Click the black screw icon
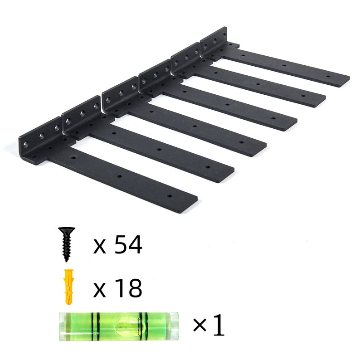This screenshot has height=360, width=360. pyautogui.click(x=67, y=245)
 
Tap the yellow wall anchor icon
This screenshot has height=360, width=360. pyautogui.click(x=68, y=287)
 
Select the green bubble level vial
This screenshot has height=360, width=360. pyautogui.click(x=118, y=326)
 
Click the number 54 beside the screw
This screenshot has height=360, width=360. pyautogui.click(x=128, y=245)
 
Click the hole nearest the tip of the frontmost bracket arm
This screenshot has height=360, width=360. pyautogui.click(x=170, y=196)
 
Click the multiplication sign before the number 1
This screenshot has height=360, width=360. pyautogui.click(x=199, y=326)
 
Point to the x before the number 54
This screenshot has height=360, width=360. pyautogui.click(x=99, y=247)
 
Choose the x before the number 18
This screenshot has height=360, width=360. pyautogui.click(x=99, y=289)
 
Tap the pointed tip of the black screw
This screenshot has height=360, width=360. pyautogui.click(x=67, y=260)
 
